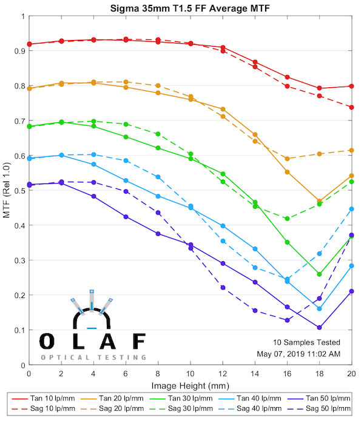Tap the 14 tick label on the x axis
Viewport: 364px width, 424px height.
click(255, 374)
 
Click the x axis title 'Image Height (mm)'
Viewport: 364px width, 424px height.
click(190, 385)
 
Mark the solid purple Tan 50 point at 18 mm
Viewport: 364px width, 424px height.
click(319, 328)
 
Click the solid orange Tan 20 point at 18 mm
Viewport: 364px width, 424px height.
click(319, 200)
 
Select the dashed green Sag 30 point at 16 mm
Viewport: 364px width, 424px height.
click(287, 219)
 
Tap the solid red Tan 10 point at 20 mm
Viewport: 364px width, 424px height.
click(351, 86)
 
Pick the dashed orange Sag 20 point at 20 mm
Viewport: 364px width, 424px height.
click(351, 150)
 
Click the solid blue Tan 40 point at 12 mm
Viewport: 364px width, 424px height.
click(223, 226)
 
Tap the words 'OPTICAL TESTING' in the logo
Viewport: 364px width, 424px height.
click(93, 357)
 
